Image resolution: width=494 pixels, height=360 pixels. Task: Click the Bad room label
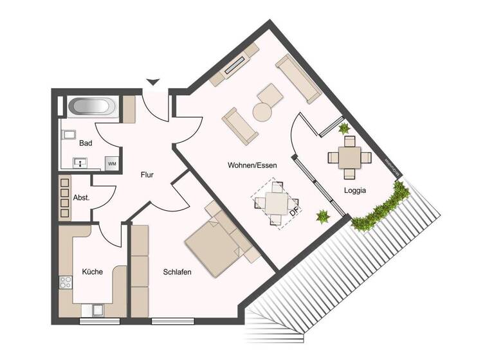[x=86, y=144]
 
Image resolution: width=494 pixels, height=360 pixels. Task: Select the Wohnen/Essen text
[x=252, y=165]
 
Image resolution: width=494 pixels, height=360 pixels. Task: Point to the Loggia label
[x=355, y=190]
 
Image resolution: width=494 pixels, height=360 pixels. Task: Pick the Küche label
[x=92, y=272]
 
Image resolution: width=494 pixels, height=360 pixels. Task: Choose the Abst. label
[x=80, y=198]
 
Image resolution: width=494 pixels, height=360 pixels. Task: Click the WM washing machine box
[x=112, y=164]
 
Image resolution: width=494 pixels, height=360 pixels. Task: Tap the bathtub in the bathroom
[x=93, y=106]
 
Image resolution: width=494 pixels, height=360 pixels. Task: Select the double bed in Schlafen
[x=215, y=243]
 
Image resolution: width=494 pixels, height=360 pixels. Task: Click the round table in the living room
[x=263, y=112]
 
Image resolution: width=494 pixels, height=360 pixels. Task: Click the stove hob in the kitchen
[x=65, y=283]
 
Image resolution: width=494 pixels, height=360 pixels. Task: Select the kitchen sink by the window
[x=96, y=310]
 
